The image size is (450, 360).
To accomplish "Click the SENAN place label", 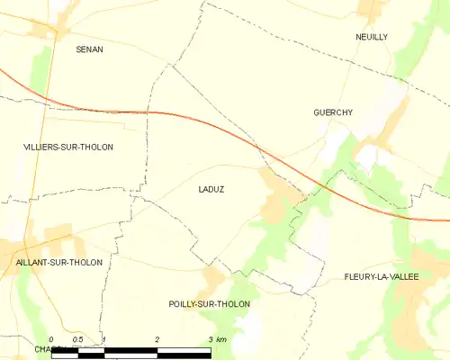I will [x=89, y=49].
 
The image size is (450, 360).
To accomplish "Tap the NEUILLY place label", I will [x=371, y=37].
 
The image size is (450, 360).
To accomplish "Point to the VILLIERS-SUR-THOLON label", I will [x=68, y=147].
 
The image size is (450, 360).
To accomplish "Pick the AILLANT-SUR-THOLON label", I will [x=59, y=262].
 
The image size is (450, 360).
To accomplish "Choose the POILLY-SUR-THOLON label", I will [x=209, y=304].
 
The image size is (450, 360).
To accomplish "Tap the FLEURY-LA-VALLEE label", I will [x=381, y=276].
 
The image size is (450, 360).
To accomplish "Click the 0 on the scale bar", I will [x=51, y=339].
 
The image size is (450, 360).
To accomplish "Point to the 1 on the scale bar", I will [x=104, y=339].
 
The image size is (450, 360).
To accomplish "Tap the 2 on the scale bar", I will [x=157, y=339].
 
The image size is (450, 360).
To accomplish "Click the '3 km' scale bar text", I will [x=216, y=339].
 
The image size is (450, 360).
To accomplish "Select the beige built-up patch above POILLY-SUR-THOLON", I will [x=214, y=278].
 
